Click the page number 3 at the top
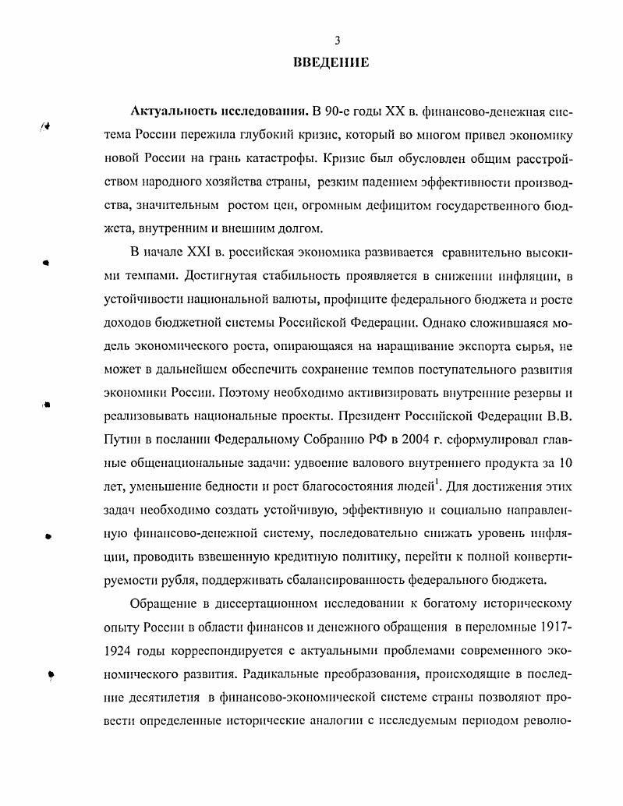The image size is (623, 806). pos(337,41)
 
